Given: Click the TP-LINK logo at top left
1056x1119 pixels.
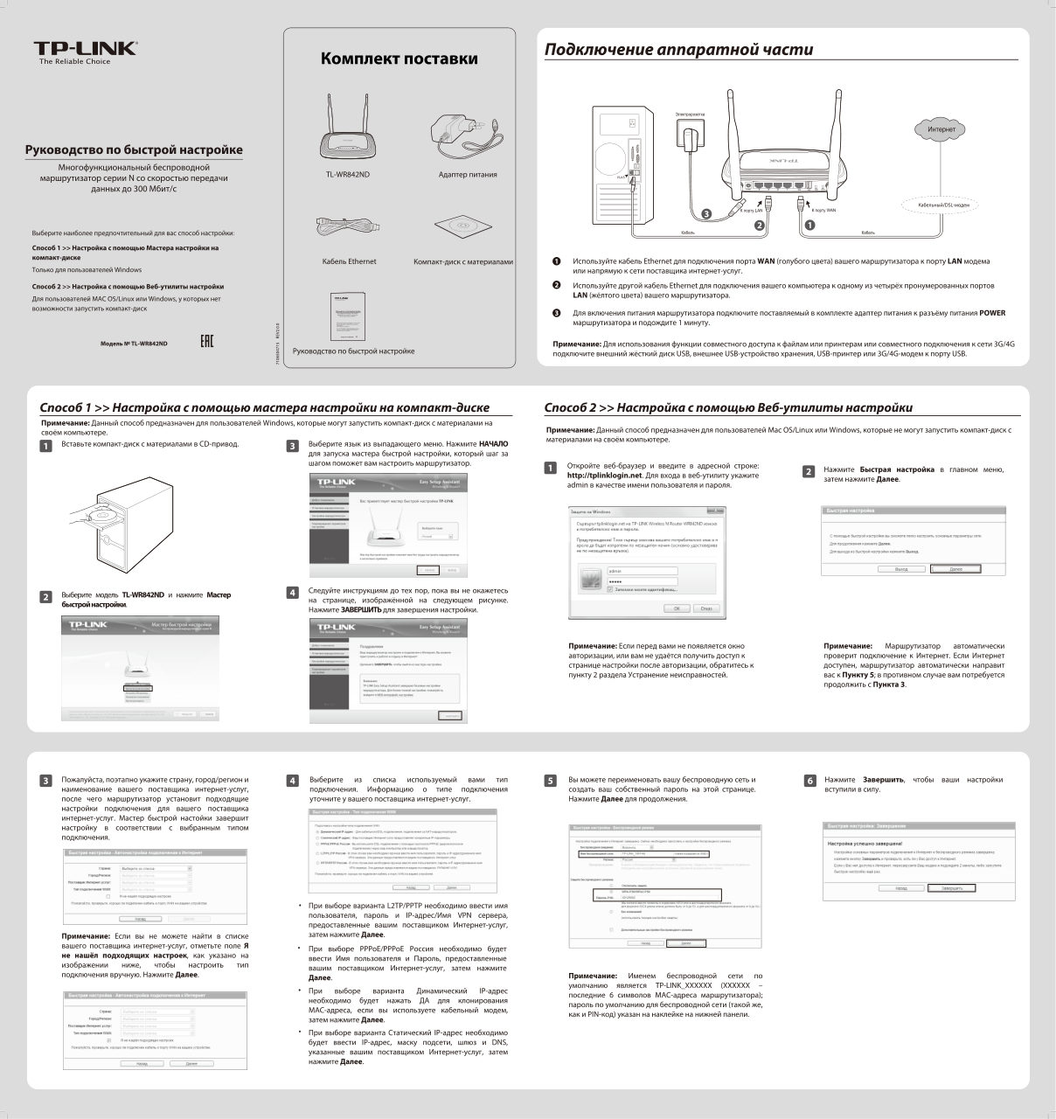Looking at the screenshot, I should pyautogui.click(x=85, y=49).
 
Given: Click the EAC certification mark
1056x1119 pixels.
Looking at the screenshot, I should pyautogui.click(x=206, y=339).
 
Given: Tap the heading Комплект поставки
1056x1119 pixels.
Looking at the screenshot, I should pyautogui.click(x=399, y=59).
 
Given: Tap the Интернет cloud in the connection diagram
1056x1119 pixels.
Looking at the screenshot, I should pyautogui.click(x=941, y=129).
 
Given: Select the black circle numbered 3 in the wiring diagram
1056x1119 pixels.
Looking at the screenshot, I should pyautogui.click(x=706, y=214).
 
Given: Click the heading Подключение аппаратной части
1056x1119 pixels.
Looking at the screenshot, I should pyautogui.click(x=678, y=50).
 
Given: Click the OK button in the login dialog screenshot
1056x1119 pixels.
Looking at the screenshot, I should pyautogui.click(x=676, y=608).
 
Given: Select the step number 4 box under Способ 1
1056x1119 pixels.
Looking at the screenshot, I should pyautogui.click(x=293, y=593).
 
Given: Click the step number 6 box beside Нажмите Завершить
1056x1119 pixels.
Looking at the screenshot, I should pyautogui.click(x=809, y=780).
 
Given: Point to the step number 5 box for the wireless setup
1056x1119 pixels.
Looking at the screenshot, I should pyautogui.click(x=550, y=780).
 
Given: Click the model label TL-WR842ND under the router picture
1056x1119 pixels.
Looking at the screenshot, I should pyautogui.click(x=348, y=174).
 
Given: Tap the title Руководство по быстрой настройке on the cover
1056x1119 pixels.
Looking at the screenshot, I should pyautogui.click(x=133, y=149).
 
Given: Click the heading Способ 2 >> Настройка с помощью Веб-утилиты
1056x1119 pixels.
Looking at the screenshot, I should pyautogui.click(x=727, y=407).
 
